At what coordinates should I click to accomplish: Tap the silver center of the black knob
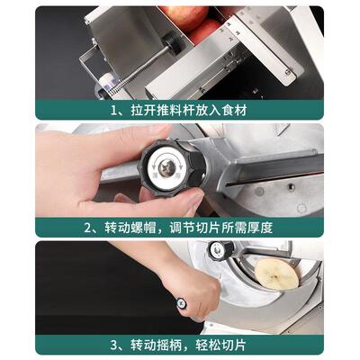point(167,166)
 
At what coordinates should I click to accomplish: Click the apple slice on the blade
point(276,273)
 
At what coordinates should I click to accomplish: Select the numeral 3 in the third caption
point(112,343)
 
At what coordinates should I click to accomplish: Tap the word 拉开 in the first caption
point(137,110)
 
